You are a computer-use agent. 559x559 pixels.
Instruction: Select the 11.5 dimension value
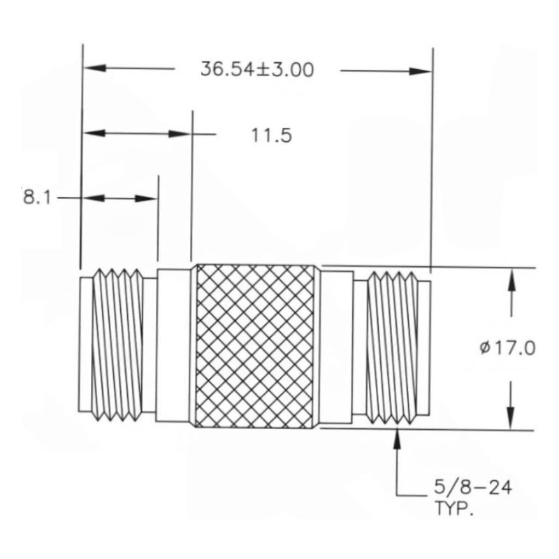[x=271, y=135]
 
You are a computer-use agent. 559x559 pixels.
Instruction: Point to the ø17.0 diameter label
[x=507, y=347]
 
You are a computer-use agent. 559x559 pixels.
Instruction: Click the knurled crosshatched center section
[x=255, y=347]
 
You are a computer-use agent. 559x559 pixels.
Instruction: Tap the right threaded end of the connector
[x=395, y=347]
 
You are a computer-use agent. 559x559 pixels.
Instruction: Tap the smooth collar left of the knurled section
[x=173, y=346]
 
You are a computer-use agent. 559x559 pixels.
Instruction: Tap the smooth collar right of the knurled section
[x=335, y=347]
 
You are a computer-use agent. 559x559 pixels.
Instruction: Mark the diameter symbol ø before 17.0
[x=486, y=348]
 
